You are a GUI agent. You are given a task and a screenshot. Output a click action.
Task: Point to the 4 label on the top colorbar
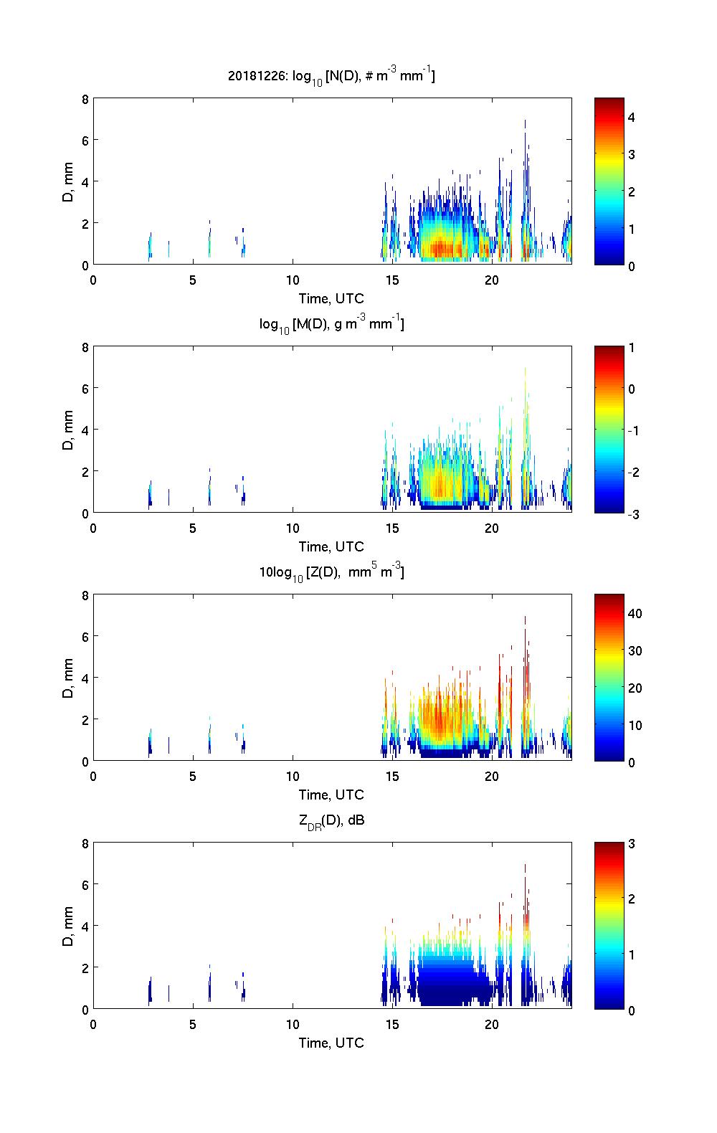coord(632,117)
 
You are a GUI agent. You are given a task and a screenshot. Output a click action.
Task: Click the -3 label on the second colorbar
coord(634,513)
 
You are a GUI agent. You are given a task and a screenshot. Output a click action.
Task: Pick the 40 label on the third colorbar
coord(635,613)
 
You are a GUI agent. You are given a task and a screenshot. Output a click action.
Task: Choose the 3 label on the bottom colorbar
coord(632,843)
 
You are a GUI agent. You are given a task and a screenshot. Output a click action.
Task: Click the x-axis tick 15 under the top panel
coord(392,280)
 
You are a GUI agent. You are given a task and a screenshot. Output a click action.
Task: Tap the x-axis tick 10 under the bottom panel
coord(293,1024)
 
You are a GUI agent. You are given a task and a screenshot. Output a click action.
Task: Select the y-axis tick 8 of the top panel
coord(85,99)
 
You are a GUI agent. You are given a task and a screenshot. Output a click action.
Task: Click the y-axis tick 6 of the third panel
coord(85,636)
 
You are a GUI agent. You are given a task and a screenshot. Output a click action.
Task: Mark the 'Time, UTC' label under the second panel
coord(331,546)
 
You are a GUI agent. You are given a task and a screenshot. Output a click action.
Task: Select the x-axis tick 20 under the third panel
coord(492,776)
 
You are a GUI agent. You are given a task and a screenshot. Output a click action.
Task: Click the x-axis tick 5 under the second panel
coord(193,528)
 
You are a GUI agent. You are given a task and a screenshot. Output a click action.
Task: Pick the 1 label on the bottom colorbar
coord(632,954)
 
